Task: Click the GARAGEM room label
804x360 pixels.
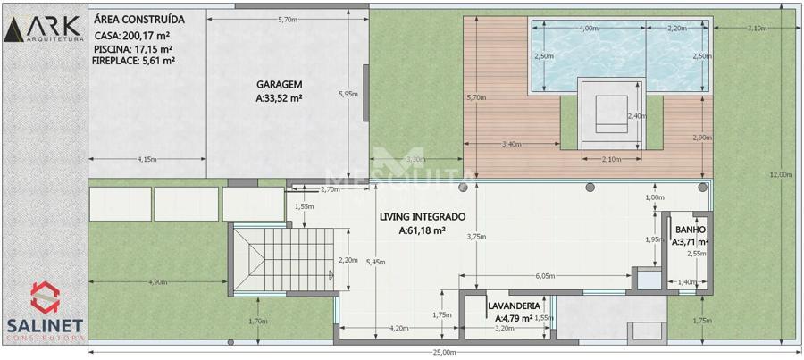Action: click(280, 85)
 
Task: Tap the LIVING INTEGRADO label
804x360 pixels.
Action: click(423, 217)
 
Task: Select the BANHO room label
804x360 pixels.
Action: click(691, 230)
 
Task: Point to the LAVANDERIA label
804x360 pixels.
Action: click(515, 306)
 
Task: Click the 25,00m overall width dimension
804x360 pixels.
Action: click(444, 352)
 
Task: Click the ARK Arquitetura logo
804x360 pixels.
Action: click(44, 29)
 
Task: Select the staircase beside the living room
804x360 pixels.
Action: click(283, 259)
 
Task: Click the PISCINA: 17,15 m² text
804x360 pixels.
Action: click(133, 49)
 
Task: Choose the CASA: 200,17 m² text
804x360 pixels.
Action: click(132, 36)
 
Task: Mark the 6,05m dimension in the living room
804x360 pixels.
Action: click(545, 275)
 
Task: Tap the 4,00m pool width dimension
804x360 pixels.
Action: click(589, 29)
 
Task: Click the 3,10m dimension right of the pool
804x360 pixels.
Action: click(758, 29)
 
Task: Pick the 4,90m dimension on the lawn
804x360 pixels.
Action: click(157, 282)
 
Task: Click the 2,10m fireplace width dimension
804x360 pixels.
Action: click(611, 160)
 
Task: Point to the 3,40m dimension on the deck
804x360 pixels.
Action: click(512, 144)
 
